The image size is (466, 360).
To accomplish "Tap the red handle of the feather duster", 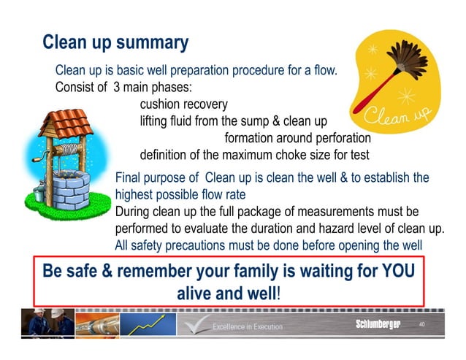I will point(379,92).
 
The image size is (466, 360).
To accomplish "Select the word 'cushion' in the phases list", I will point(161,104).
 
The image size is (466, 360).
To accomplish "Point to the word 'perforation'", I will point(337,138).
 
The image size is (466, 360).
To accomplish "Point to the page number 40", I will point(421,323).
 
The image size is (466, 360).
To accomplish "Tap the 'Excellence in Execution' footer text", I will point(247,326).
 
